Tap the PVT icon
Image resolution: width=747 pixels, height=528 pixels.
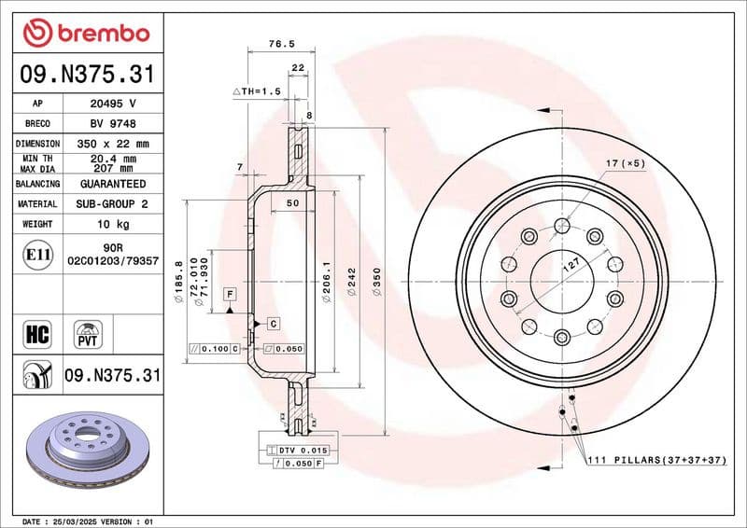pyautogui.click(x=89, y=332)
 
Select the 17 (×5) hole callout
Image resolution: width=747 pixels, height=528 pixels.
pyautogui.click(x=625, y=164)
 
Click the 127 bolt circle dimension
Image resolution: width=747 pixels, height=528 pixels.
pyautogui.click(x=570, y=264)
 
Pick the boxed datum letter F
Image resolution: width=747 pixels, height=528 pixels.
pyautogui.click(x=228, y=295)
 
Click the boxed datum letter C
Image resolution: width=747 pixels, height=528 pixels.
pyautogui.click(x=274, y=323)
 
